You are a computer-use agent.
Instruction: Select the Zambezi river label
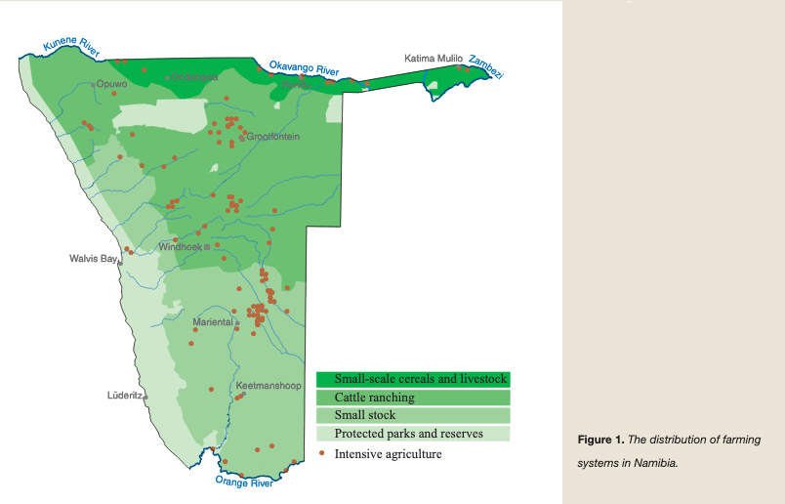point(485,67)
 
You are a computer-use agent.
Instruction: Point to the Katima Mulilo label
point(434,59)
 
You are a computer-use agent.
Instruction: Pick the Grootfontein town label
point(272,137)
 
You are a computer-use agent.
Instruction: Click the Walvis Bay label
point(93,259)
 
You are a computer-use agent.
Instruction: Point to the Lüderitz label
point(125,396)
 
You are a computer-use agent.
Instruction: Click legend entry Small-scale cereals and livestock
point(413,379)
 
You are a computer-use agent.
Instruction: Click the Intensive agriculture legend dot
point(322,453)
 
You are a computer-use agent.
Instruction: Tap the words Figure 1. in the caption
point(598,441)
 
